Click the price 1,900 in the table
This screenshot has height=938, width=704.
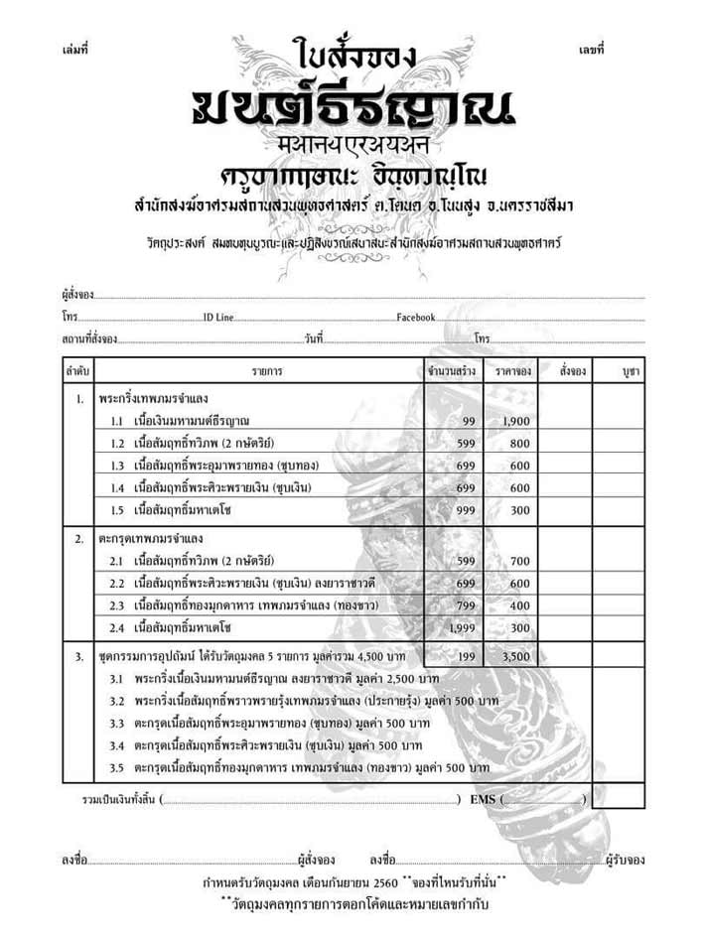tap(516, 422)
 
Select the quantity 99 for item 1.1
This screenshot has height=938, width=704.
tap(469, 422)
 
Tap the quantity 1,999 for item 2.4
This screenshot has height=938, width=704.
tap(463, 627)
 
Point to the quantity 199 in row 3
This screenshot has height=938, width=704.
tap(464, 656)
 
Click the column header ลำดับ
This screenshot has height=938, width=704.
tap(76, 371)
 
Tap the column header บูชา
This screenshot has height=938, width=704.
tap(630, 371)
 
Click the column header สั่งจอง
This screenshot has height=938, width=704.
tap(572, 371)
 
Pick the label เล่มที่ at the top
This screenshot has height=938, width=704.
tap(74, 48)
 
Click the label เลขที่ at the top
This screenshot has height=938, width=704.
tap(591, 48)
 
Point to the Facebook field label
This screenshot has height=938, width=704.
tap(416, 317)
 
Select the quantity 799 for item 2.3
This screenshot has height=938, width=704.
tap(468, 605)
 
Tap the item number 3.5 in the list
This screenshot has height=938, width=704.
tap(116, 768)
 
